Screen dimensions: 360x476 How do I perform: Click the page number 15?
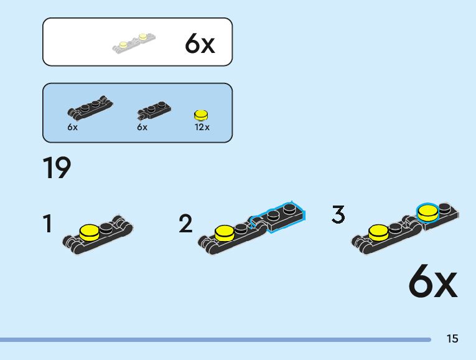tap(452, 339)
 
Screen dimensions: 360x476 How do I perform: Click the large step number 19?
tap(57, 168)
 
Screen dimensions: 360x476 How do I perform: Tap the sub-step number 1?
tap(47, 224)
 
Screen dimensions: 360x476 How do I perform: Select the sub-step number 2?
tap(185, 224)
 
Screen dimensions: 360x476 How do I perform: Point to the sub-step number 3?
tap(338, 214)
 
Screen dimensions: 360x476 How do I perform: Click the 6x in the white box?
tap(199, 44)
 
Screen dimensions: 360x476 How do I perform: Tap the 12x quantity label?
tap(202, 127)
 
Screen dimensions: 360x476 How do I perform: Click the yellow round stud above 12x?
tap(201, 115)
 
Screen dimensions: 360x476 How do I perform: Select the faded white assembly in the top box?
tap(134, 42)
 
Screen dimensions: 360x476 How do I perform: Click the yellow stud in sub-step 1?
tap(90, 232)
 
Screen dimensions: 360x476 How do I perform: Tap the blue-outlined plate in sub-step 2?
tap(279, 215)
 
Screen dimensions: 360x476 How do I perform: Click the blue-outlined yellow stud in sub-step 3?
tap(427, 212)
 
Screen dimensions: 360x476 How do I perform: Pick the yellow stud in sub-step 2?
tap(224, 233)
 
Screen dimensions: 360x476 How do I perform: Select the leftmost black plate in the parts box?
tap(91, 108)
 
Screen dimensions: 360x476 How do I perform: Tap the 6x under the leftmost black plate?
tap(72, 127)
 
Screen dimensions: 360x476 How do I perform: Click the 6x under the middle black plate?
tap(142, 127)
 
